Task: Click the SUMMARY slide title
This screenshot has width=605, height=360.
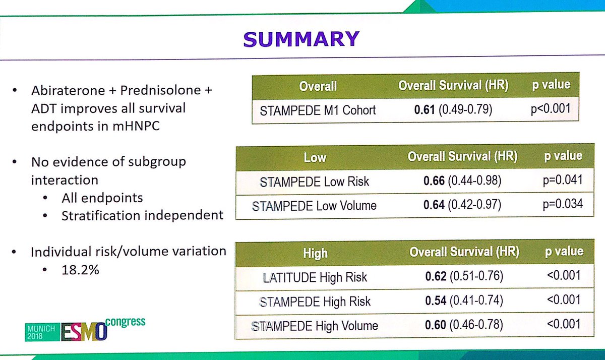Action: click(x=301, y=39)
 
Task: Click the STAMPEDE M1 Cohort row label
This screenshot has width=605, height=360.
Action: click(x=318, y=110)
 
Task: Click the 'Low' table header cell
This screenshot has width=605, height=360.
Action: click(x=315, y=158)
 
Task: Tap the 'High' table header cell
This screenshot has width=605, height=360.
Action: click(x=315, y=253)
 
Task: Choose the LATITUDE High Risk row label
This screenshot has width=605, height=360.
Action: click(x=315, y=277)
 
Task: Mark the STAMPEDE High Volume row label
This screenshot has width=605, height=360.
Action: click(x=315, y=325)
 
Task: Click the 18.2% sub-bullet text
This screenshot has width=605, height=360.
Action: click(x=80, y=269)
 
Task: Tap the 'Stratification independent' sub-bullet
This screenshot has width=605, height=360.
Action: click(x=142, y=215)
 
